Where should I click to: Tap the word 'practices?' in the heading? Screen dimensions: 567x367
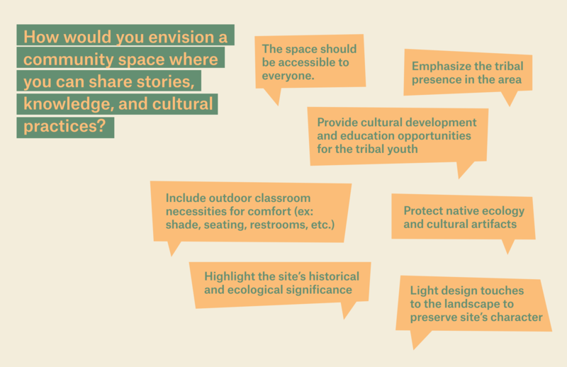64,126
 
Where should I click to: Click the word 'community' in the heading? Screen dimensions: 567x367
68,60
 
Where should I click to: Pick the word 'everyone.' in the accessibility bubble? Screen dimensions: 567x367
288,76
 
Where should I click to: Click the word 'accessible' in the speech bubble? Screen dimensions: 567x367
306,62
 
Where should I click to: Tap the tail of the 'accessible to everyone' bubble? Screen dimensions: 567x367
274,96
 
